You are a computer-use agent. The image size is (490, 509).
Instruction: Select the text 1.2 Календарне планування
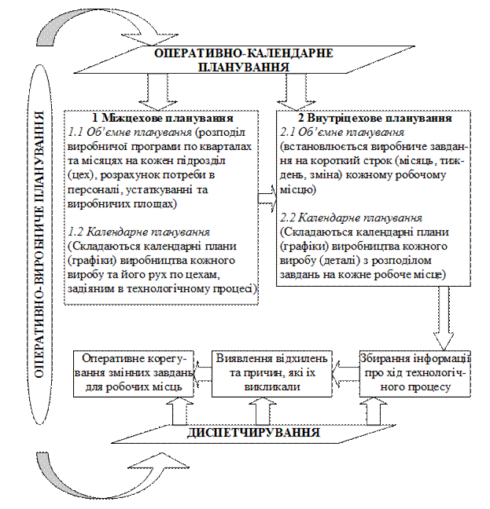(138, 233)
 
